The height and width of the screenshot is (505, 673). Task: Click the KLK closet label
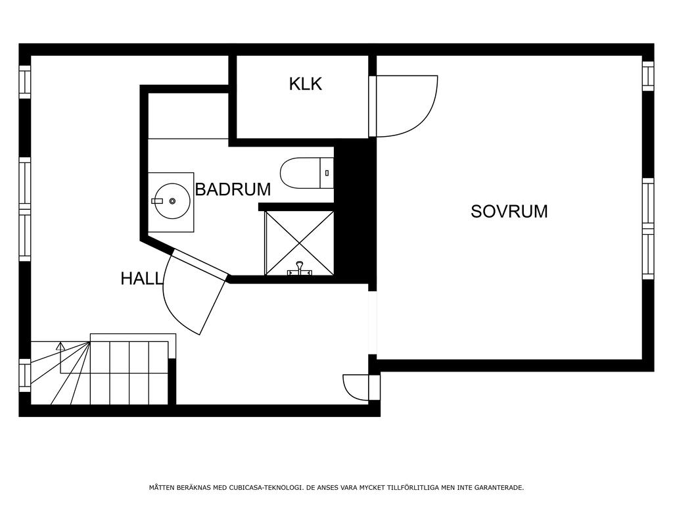305,84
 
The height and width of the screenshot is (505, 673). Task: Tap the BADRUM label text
233,189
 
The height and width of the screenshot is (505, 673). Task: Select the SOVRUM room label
509,211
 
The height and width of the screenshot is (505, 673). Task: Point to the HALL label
142,279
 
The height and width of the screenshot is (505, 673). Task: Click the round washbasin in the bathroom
172,201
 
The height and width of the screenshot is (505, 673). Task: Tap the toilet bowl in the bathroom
300,173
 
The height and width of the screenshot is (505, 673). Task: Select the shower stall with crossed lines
300,243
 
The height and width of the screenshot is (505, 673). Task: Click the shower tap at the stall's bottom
300,269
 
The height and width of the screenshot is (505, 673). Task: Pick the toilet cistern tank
327,173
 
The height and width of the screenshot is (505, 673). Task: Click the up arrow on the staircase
60,347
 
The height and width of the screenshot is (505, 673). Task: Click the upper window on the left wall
25,82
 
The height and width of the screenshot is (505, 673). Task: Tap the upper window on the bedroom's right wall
647,76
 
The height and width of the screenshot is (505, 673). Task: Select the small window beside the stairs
25,375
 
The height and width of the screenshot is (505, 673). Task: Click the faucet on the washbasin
158,201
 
